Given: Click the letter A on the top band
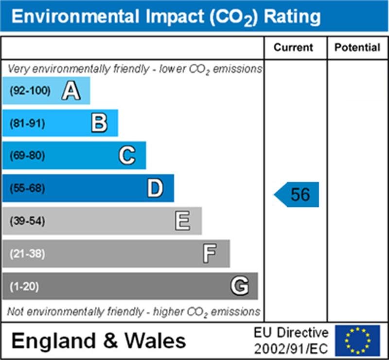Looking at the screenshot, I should tap(71, 90).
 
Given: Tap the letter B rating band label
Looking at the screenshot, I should tap(99, 123).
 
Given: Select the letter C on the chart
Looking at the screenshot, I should tap(127, 156).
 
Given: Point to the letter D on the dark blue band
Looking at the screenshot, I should tap(155, 188).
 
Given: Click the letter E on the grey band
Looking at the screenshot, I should tap(183, 221).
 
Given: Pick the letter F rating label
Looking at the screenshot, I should tap(210, 253).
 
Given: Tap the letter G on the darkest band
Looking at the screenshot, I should tap(239, 286).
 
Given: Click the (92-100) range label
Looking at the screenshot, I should tap(30, 90).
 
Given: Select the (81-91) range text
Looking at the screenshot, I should tap(27, 123).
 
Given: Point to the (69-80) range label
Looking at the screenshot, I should tap(27, 156).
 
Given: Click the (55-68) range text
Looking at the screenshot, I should tap(27, 188).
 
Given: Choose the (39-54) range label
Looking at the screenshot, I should tap(27, 221).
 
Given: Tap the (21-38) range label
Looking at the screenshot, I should tap(27, 253).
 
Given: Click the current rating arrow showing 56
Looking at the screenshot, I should tap(297, 195).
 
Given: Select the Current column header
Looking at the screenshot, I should tap(294, 48).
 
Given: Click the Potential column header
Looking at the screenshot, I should tap(357, 48).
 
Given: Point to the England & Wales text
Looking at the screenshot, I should tap(99, 341).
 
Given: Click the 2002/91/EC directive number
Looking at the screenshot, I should tap(291, 348).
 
